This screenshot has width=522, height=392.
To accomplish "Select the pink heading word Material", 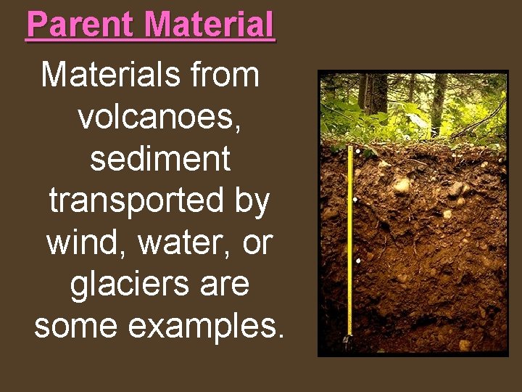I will pyautogui.click(x=210, y=25).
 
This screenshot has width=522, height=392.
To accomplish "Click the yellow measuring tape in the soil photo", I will pyautogui.click(x=350, y=240).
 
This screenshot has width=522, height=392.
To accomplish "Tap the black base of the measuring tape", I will pyautogui.click(x=349, y=340).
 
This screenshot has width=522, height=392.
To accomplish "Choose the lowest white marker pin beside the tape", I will pyautogui.click(x=358, y=260).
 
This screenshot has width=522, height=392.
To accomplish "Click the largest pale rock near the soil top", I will pyautogui.click(x=400, y=184).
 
